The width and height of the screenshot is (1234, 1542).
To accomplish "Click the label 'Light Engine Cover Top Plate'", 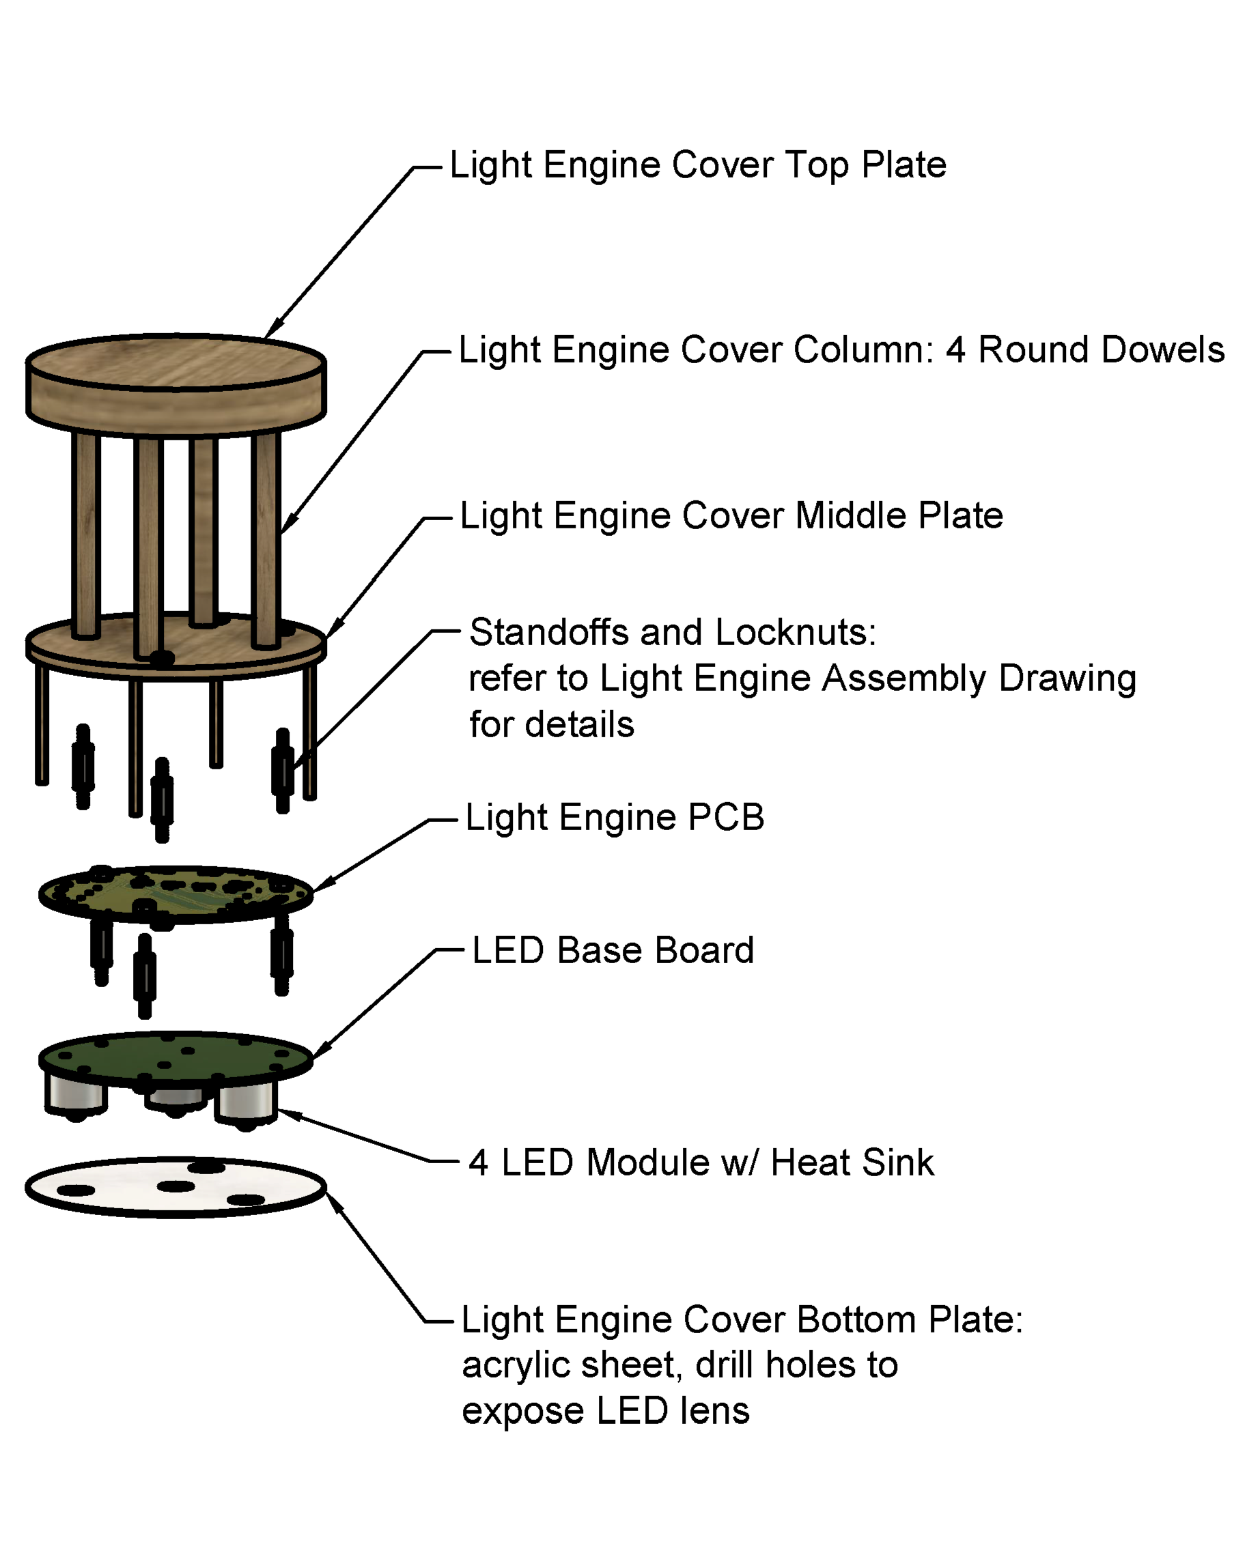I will pyautogui.click(x=697, y=165).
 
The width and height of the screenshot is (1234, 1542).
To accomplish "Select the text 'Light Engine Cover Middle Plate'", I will pyautogui.click(x=731, y=515).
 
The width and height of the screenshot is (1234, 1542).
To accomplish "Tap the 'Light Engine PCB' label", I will pyautogui.click(x=615, y=817).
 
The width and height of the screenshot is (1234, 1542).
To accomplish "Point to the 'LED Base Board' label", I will pyautogui.click(x=613, y=950).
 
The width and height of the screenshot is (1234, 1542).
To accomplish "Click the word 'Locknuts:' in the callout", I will pyautogui.click(x=796, y=632).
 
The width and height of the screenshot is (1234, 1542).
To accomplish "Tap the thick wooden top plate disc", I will pyautogui.click(x=176, y=386).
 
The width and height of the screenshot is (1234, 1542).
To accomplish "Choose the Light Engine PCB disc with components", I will pyautogui.click(x=176, y=894).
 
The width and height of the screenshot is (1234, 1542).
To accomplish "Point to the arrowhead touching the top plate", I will pyautogui.click(x=272, y=330).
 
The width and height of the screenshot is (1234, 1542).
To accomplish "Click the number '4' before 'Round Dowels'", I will pyautogui.click(x=956, y=349).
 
